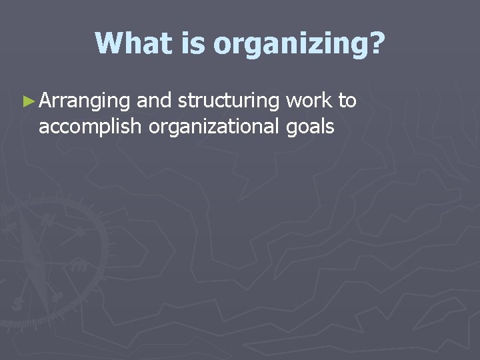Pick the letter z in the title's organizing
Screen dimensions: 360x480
click(x=321, y=45)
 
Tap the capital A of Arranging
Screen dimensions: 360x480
click(x=46, y=101)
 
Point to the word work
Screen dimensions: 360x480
click(x=310, y=101)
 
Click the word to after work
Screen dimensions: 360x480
click(x=347, y=101)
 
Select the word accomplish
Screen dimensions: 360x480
click(x=91, y=126)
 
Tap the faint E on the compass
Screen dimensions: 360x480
click(x=79, y=265)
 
